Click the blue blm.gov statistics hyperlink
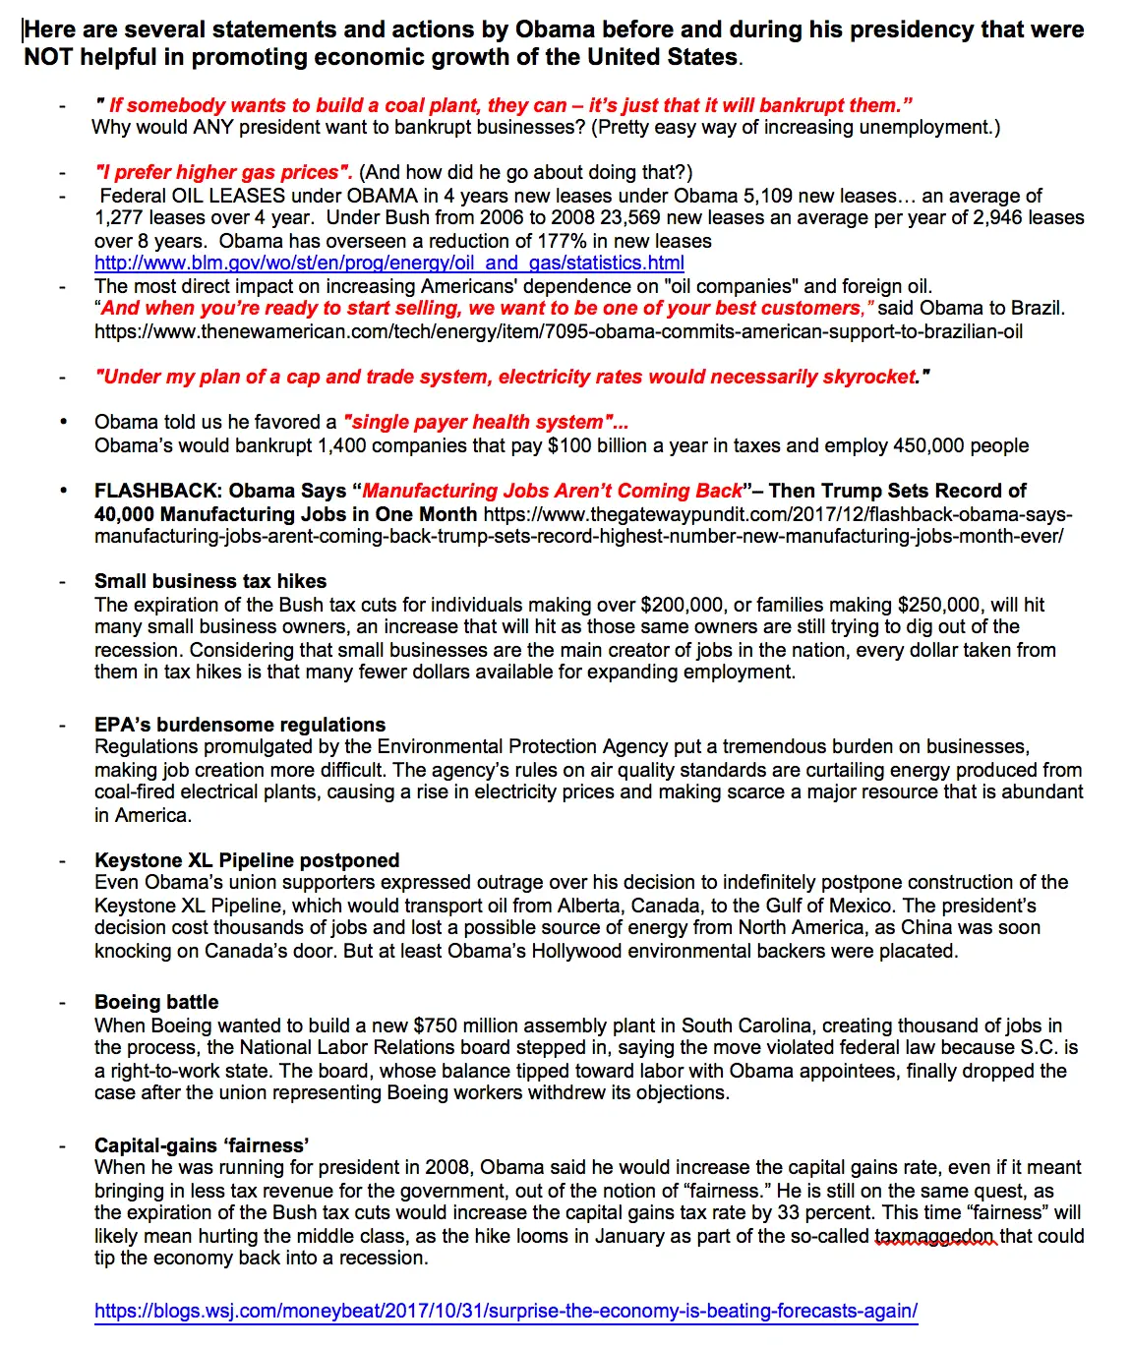pyautogui.click(x=389, y=263)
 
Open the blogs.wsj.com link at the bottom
pyautogui.click(x=506, y=1311)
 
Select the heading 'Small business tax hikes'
pyautogui.click(x=210, y=581)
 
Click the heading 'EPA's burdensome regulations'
pyautogui.click(x=240, y=725)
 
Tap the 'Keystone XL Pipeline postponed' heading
pyautogui.click(x=247, y=860)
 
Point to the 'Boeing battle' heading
pyautogui.click(x=156, y=1002)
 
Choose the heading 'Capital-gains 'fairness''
pyautogui.click(x=202, y=1145)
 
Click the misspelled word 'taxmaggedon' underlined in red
pyautogui.click(x=935, y=1236)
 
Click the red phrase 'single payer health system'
pyautogui.click(x=478, y=422)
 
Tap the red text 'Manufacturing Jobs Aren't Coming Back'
pyautogui.click(x=553, y=491)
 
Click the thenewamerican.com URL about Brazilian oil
pyautogui.click(x=559, y=331)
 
